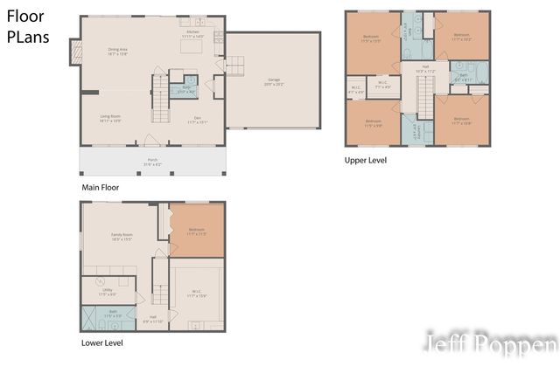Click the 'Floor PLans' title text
point(28,28)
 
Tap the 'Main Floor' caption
point(99,187)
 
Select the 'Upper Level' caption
point(365,161)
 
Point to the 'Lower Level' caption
point(101,343)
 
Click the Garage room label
point(274,81)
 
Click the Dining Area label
point(119,52)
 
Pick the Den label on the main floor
point(196,121)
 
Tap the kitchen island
point(192,47)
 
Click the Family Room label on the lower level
point(122,236)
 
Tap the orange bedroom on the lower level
point(196,231)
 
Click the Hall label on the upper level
point(426,69)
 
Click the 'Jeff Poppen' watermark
point(490,343)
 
